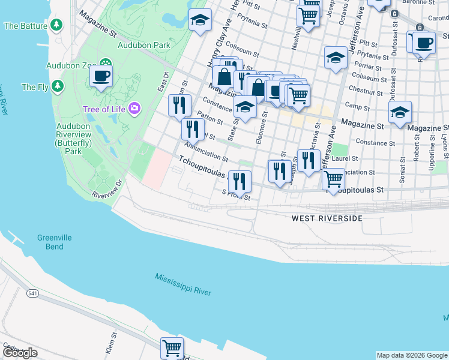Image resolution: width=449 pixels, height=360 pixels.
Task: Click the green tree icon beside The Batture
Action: (x=56, y=25)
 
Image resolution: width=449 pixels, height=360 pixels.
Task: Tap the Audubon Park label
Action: (x=144, y=45)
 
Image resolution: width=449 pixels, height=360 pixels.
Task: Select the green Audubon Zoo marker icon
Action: (x=106, y=64)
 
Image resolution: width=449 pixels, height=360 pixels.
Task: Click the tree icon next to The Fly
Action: (x=58, y=86)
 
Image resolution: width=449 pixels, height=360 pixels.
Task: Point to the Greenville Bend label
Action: (x=54, y=242)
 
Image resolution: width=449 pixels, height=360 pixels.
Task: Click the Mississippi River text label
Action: (x=183, y=284)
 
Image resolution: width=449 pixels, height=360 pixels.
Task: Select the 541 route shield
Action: (x=32, y=293)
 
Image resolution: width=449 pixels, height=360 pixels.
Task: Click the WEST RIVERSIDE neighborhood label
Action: (x=327, y=218)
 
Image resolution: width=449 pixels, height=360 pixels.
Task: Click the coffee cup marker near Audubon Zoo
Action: (x=101, y=76)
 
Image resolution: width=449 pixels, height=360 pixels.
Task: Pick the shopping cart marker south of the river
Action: (x=172, y=347)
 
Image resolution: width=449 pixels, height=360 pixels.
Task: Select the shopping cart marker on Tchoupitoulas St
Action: (x=333, y=178)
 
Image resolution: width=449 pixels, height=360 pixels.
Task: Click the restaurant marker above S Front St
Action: (x=240, y=181)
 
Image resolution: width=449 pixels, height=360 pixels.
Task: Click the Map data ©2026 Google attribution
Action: (x=411, y=355)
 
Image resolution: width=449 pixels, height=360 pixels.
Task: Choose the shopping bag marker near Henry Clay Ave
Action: (x=224, y=77)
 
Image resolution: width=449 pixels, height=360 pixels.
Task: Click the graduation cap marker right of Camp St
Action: (x=400, y=112)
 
